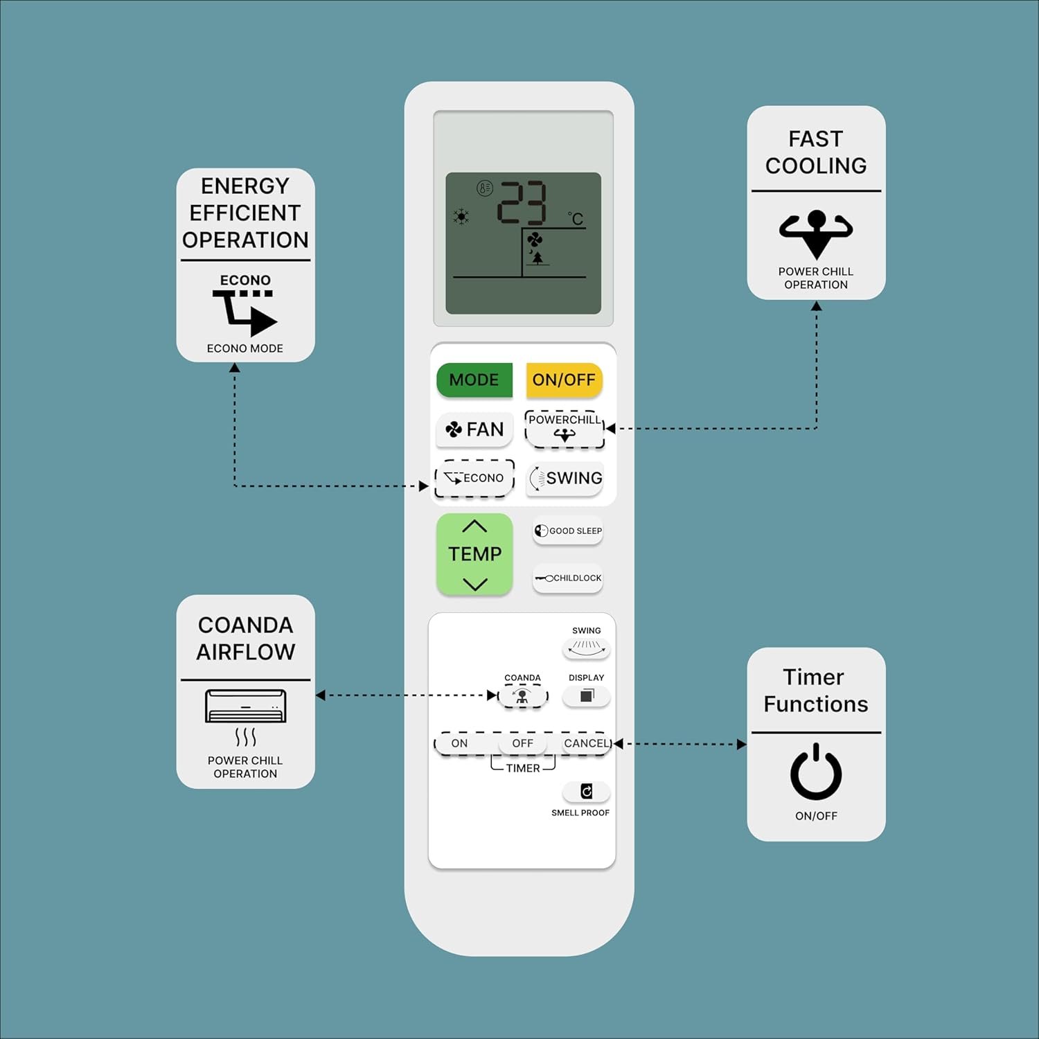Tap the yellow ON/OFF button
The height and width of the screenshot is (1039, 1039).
[564, 380]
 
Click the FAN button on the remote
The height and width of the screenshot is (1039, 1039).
[474, 429]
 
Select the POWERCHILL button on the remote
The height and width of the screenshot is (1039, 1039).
[565, 429]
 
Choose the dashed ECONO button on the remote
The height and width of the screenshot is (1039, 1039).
[474, 478]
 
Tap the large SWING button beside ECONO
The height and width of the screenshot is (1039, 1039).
[565, 478]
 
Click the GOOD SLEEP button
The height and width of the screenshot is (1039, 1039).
[568, 531]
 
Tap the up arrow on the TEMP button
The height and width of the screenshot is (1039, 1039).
[474, 526]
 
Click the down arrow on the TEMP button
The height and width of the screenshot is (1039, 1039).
[474, 584]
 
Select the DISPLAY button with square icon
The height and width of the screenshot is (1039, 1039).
[586, 696]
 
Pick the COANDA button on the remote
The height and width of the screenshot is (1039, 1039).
[522, 696]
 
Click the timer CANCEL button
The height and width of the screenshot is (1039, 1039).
[586, 743]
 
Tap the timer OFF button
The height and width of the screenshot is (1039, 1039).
[522, 743]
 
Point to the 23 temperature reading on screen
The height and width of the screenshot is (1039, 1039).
[522, 202]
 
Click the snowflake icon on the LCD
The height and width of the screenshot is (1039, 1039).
[461, 216]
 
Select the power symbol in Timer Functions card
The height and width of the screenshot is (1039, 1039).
[816, 772]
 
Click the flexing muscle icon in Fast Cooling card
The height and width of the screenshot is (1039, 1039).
[816, 232]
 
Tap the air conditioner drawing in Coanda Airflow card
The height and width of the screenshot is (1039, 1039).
[245, 706]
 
